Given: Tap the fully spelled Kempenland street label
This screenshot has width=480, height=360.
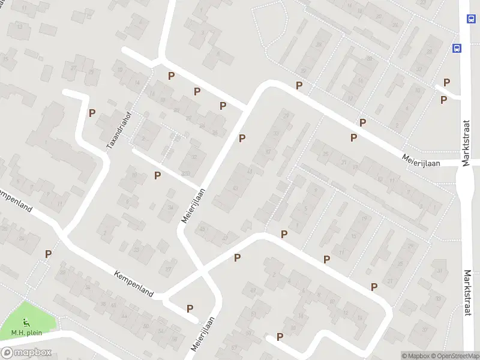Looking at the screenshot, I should click(134, 283).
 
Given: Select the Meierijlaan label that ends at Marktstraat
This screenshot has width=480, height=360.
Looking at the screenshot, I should click(422, 160).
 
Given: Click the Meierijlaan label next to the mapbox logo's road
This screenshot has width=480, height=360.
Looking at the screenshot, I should click(203, 335).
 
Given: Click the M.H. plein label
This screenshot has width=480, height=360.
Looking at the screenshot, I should click(25, 334).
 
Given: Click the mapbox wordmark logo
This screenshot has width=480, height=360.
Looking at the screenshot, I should click(27, 353).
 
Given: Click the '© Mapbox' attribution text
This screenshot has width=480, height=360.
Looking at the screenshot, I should click(416, 356).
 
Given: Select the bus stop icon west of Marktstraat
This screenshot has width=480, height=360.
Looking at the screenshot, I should click(457, 48).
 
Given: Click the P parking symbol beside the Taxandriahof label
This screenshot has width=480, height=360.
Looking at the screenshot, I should click(92, 112).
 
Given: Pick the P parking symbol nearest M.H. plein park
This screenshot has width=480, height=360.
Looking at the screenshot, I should click(48, 254).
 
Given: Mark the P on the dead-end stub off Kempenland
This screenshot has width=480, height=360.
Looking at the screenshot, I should click(190, 308).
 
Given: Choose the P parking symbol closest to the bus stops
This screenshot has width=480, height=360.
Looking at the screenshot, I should click(446, 82).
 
